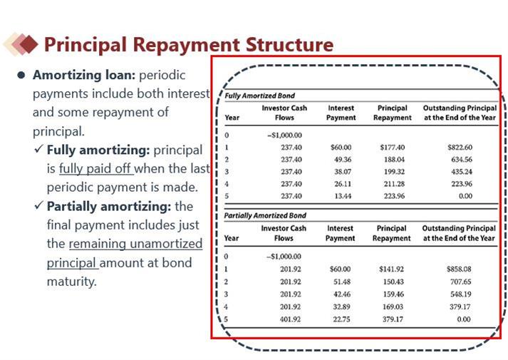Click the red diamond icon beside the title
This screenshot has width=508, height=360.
(x=28, y=45)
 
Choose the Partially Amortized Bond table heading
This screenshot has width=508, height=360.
(x=265, y=215)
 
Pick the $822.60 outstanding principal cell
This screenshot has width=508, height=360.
(x=460, y=147)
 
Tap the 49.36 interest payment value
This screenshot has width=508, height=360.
(x=342, y=159)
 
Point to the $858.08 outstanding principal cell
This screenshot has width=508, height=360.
(x=460, y=269)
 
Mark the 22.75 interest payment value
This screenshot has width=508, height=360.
(x=342, y=319)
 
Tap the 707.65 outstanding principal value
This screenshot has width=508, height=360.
(x=460, y=282)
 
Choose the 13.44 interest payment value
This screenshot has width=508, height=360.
(x=342, y=196)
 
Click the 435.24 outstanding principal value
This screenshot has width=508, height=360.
(x=460, y=172)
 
